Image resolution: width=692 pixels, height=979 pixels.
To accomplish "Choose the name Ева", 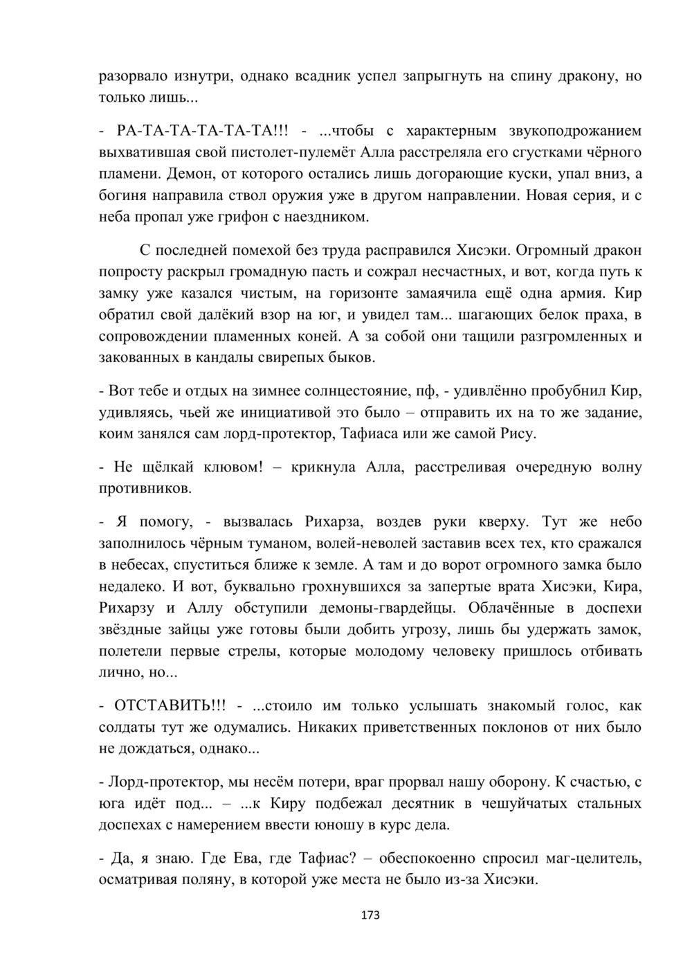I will coord(239,859).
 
